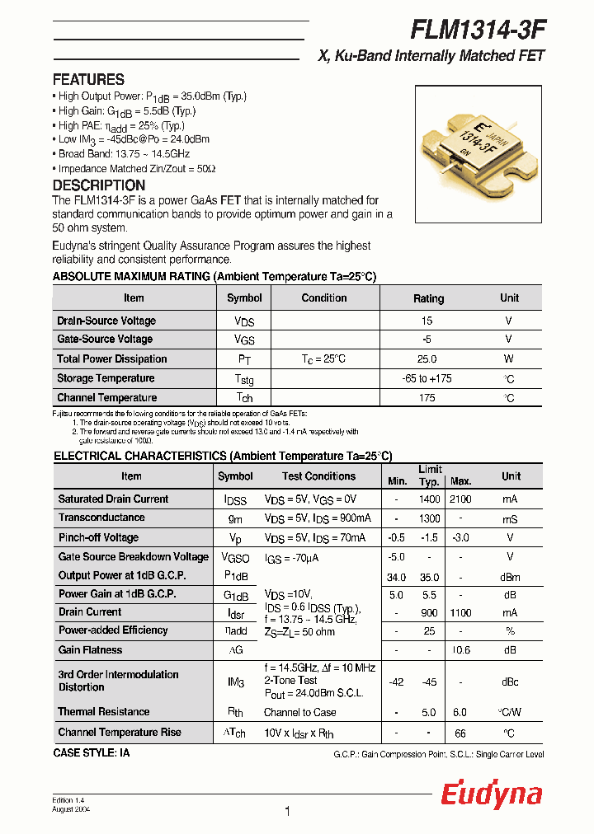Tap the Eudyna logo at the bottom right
pyautogui.click(x=491, y=794)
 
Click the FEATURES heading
pyautogui.click(x=88, y=80)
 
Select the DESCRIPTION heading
pyautogui.click(x=98, y=185)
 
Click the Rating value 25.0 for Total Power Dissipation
pyautogui.click(x=427, y=359)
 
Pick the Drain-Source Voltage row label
pyautogui.click(x=106, y=321)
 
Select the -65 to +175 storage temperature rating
pyautogui.click(x=427, y=379)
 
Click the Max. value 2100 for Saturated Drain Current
pyautogui.click(x=460, y=499)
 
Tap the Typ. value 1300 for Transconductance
pyautogui.click(x=428, y=518)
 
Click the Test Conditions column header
pyautogui.click(x=318, y=476)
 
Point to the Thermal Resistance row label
pyautogui.click(x=104, y=712)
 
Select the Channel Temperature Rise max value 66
pyautogui.click(x=460, y=733)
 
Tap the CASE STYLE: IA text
pyautogui.click(x=92, y=753)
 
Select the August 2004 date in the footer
pyautogui.click(x=71, y=810)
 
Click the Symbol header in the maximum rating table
pyautogui.click(x=244, y=298)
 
